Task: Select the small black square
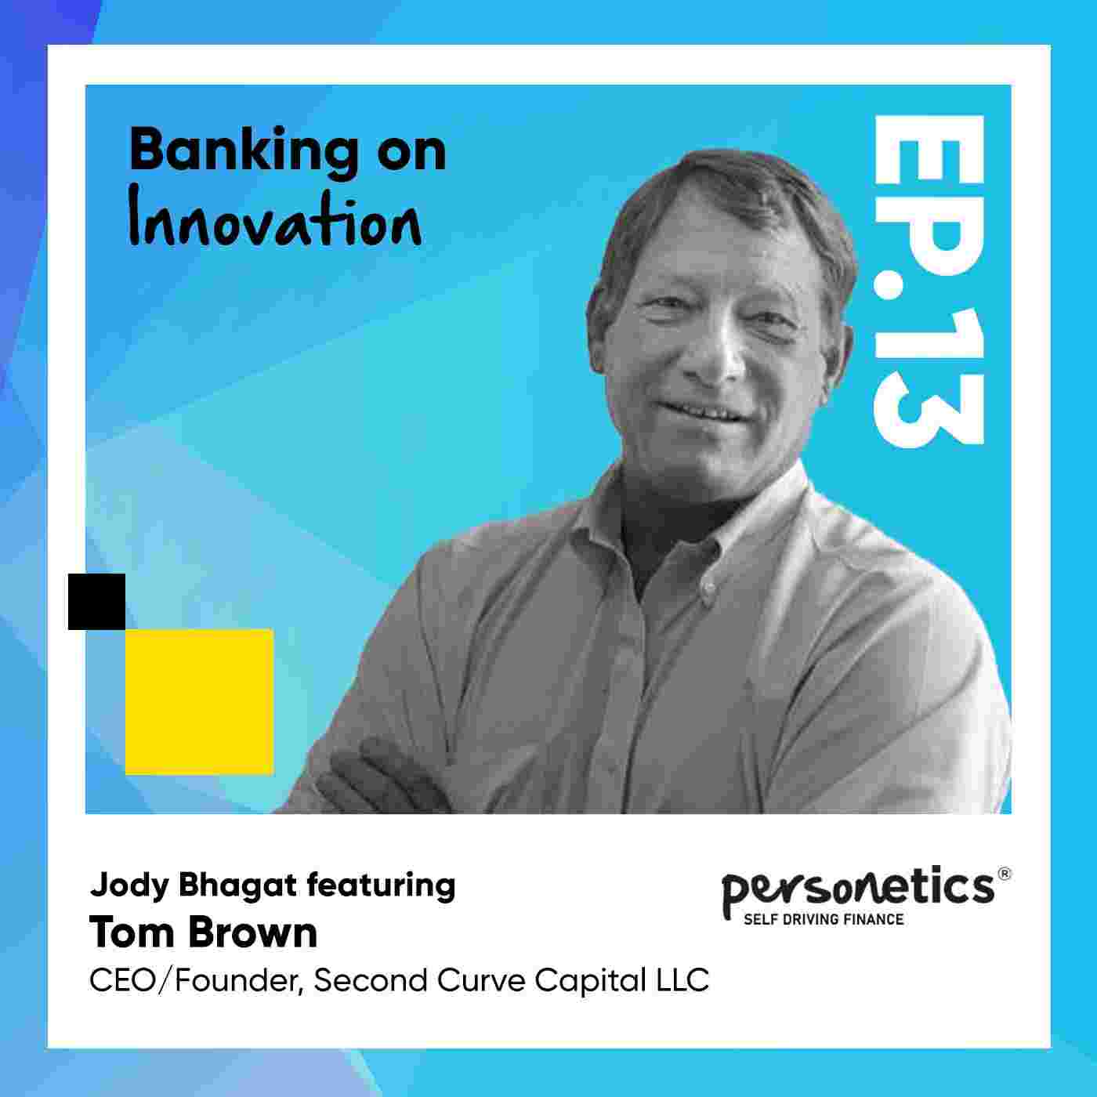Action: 97,602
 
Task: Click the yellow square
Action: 199,701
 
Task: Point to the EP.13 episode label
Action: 929,281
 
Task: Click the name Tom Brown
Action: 203,933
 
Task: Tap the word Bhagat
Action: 238,885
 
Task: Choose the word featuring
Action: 381,886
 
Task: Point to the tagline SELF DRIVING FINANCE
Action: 824,919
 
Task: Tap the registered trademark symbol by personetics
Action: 1005,874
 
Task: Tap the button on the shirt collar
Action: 708,586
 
